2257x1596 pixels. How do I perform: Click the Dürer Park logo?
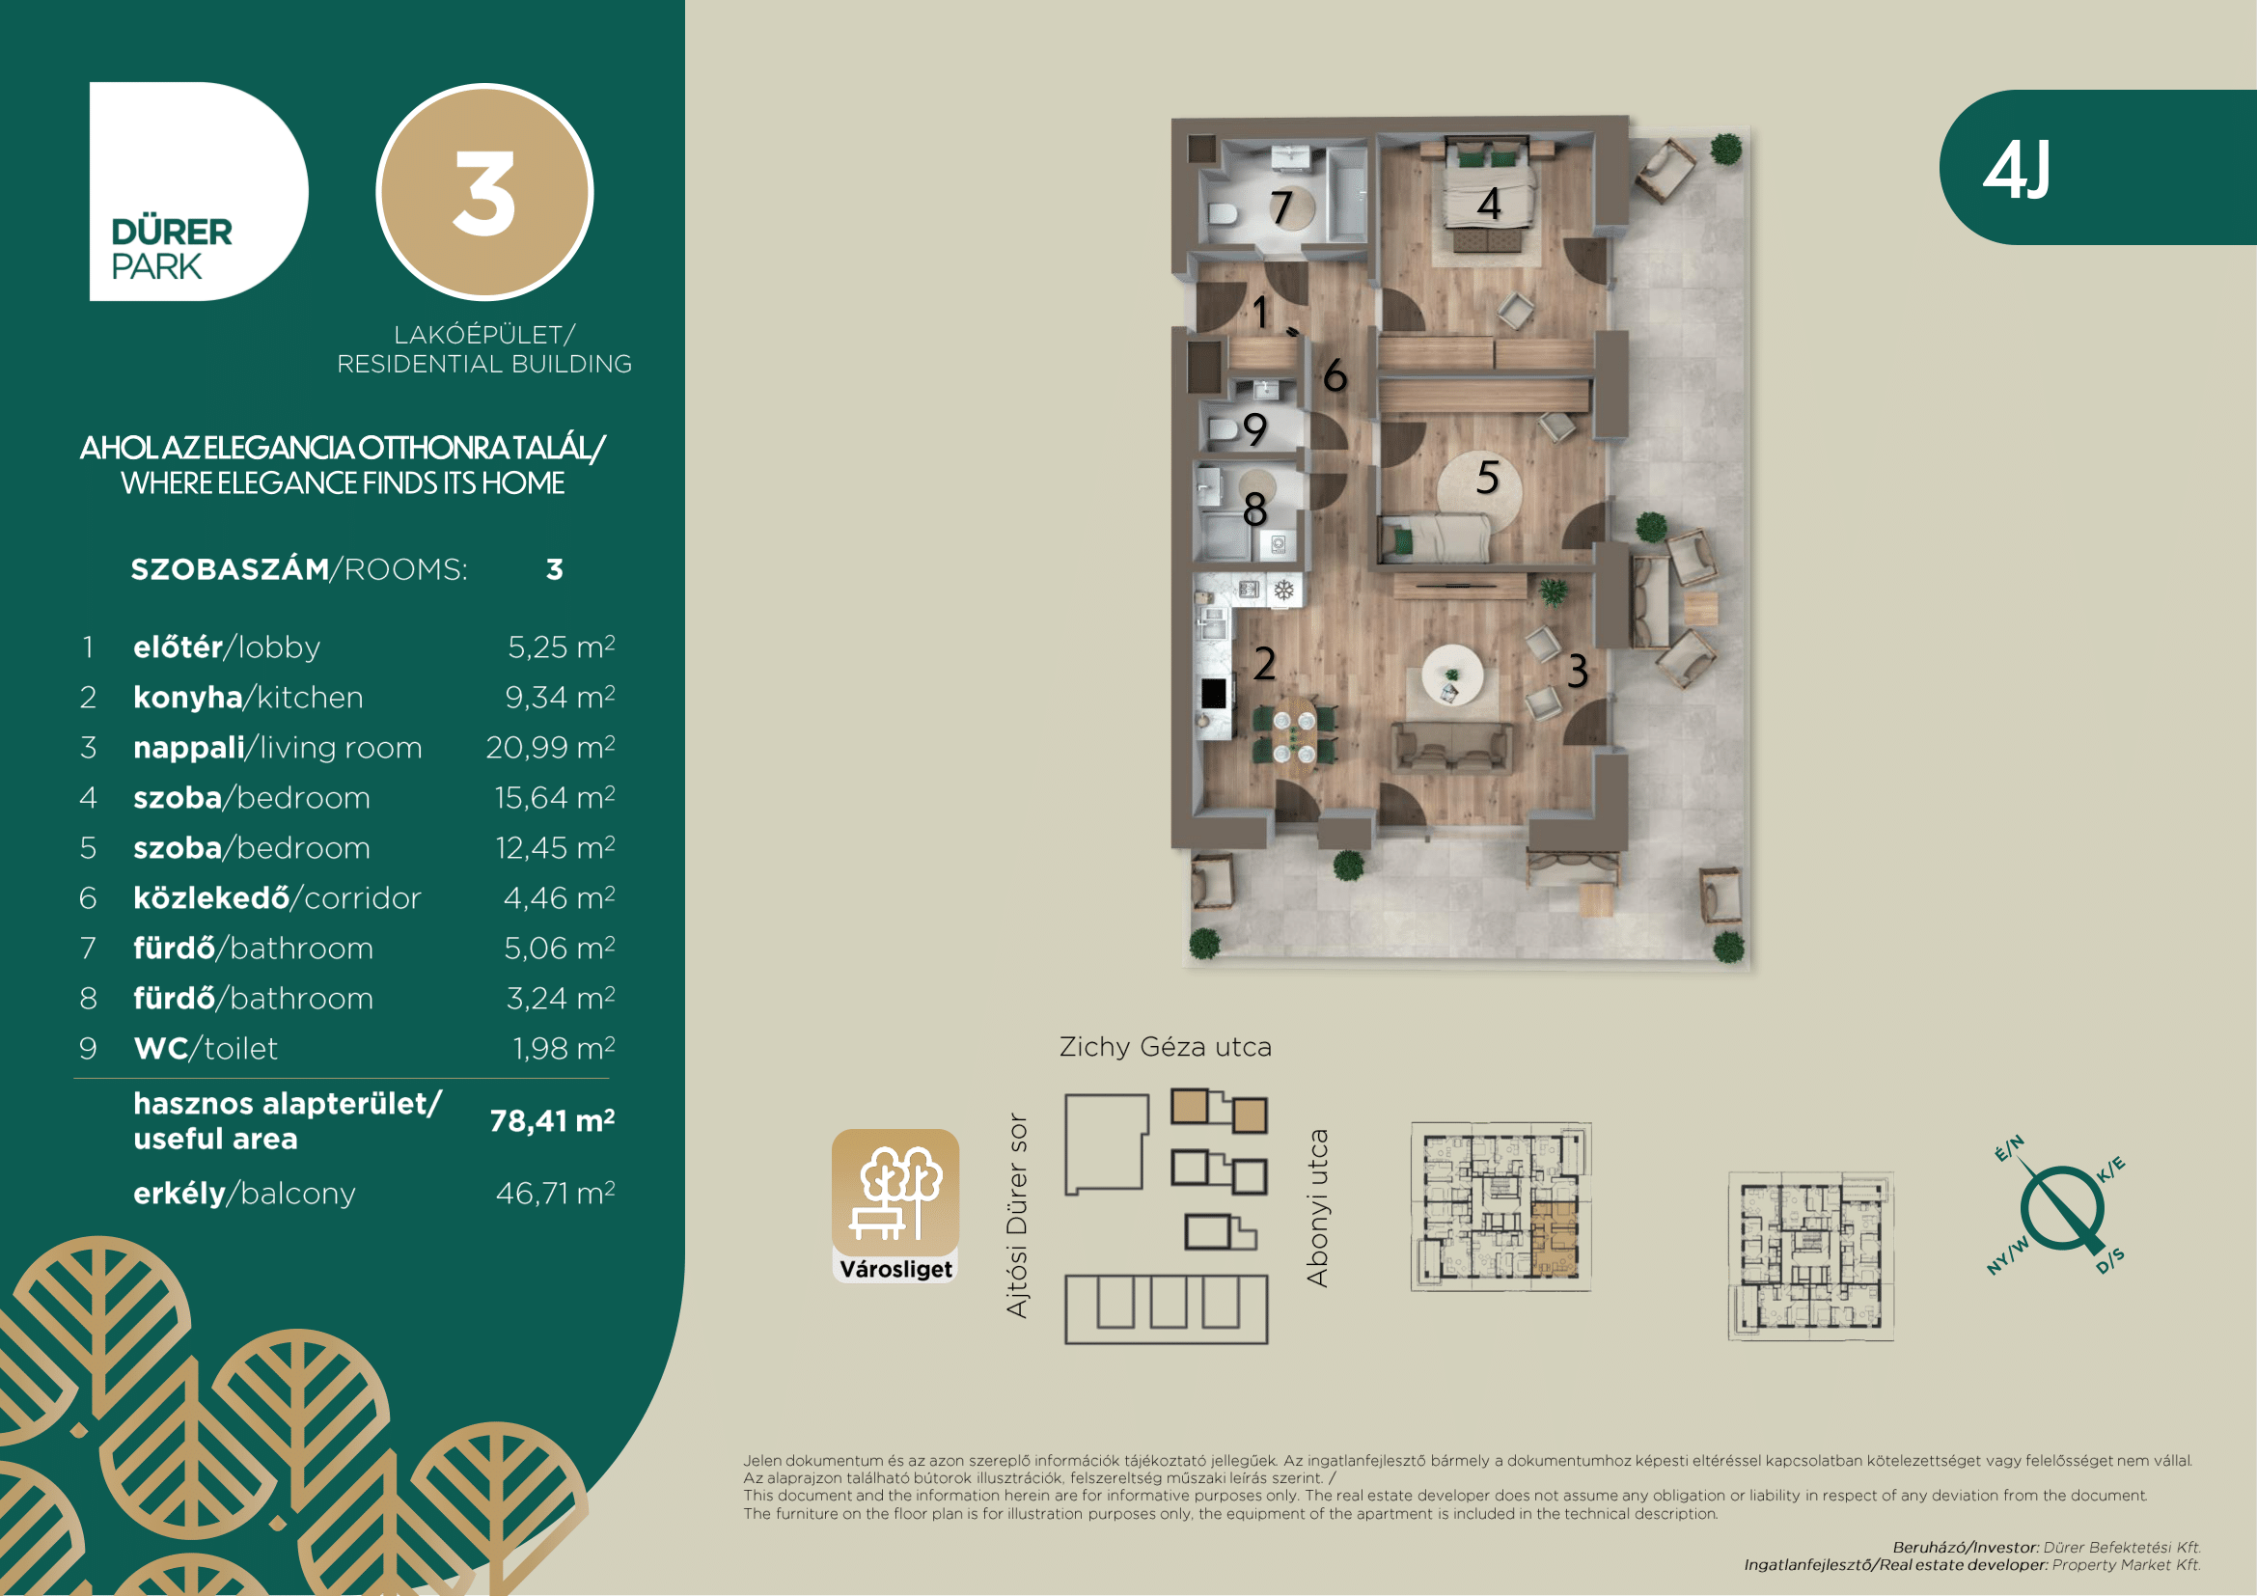[x=199, y=192]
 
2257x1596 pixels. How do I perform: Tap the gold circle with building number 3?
[x=484, y=192]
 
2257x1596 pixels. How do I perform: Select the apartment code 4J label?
[x=2016, y=170]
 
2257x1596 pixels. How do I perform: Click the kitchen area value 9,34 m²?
[x=561, y=697]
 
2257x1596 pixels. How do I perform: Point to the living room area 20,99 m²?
[x=550, y=747]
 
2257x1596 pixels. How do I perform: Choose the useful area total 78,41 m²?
[x=553, y=1120]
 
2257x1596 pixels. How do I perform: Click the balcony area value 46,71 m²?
[x=556, y=1193]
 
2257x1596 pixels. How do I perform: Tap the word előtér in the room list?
[x=178, y=647]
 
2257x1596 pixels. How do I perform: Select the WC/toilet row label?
[x=206, y=1049]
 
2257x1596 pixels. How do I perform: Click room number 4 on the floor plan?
[x=1489, y=205]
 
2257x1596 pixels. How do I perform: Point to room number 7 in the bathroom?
[x=1280, y=207]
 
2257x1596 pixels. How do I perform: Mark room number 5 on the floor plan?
[x=1487, y=478]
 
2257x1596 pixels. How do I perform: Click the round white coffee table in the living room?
[x=1452, y=674]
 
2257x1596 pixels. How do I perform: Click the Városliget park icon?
[x=895, y=1205]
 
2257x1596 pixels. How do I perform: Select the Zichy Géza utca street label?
[x=1165, y=1047]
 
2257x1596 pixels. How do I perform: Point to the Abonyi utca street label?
[x=1317, y=1208]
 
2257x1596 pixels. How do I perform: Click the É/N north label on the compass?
[x=2009, y=1148]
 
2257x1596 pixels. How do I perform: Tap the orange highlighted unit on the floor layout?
[x=1555, y=1239]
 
